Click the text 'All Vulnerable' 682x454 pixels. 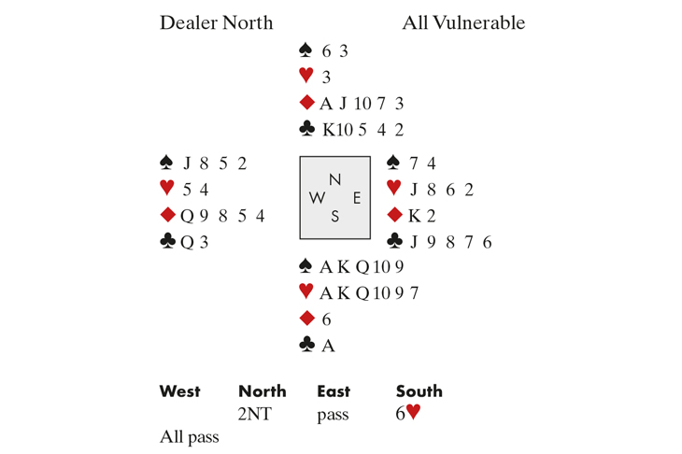[x=463, y=22]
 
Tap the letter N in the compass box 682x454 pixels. [x=334, y=179]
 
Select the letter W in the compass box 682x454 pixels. [x=318, y=198]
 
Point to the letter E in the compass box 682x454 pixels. [x=356, y=198]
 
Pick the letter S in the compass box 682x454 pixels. [x=334, y=217]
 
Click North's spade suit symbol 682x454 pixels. [x=305, y=50]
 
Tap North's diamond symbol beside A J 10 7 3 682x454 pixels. [x=305, y=103]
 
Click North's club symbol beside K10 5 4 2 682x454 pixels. [x=305, y=129]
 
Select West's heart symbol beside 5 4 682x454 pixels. [x=168, y=190]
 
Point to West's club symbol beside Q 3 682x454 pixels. [x=168, y=242]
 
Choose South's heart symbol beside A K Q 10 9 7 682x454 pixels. [x=305, y=293]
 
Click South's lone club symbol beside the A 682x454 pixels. [x=305, y=346]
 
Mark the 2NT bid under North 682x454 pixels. [x=256, y=415]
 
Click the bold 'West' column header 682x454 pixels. [x=179, y=391]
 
